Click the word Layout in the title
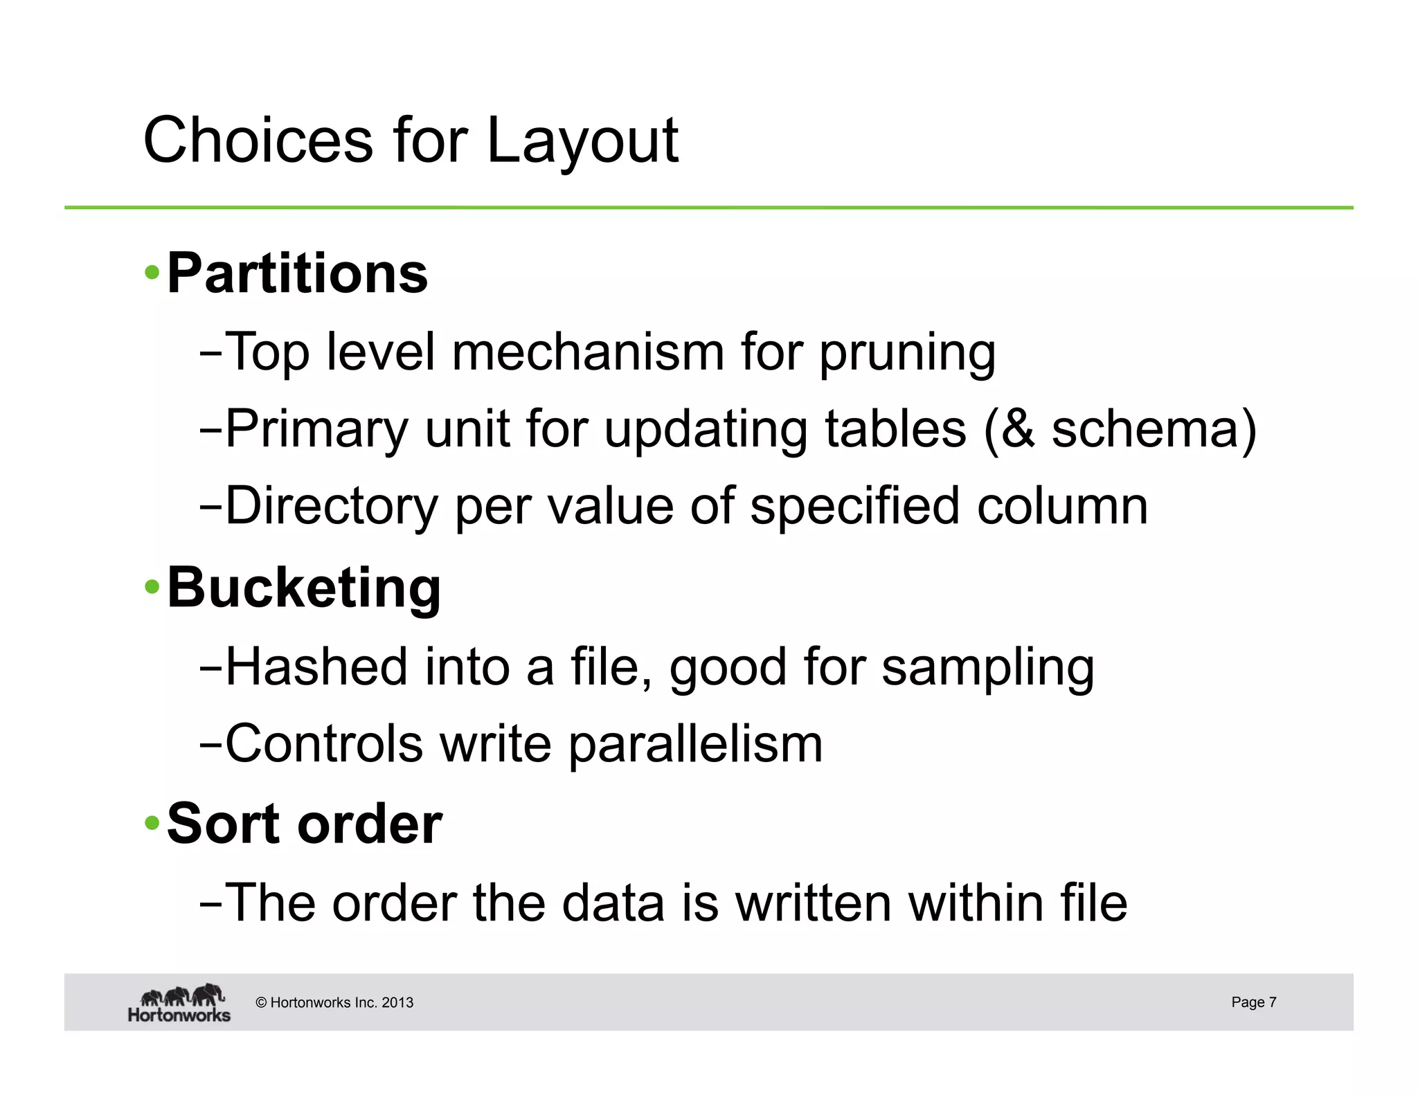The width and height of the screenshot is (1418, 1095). click(582, 142)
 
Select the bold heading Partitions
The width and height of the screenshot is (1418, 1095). click(297, 274)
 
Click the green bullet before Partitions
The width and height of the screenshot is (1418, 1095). click(152, 274)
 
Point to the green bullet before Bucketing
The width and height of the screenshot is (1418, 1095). click(152, 588)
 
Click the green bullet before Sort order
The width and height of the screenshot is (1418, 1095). click(152, 824)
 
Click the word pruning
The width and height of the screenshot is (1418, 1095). click(907, 353)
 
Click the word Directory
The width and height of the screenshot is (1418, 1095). click(332, 507)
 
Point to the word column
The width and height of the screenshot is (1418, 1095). click(1062, 506)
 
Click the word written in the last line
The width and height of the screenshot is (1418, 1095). click(813, 903)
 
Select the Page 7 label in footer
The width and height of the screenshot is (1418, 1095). click(1253, 1002)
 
